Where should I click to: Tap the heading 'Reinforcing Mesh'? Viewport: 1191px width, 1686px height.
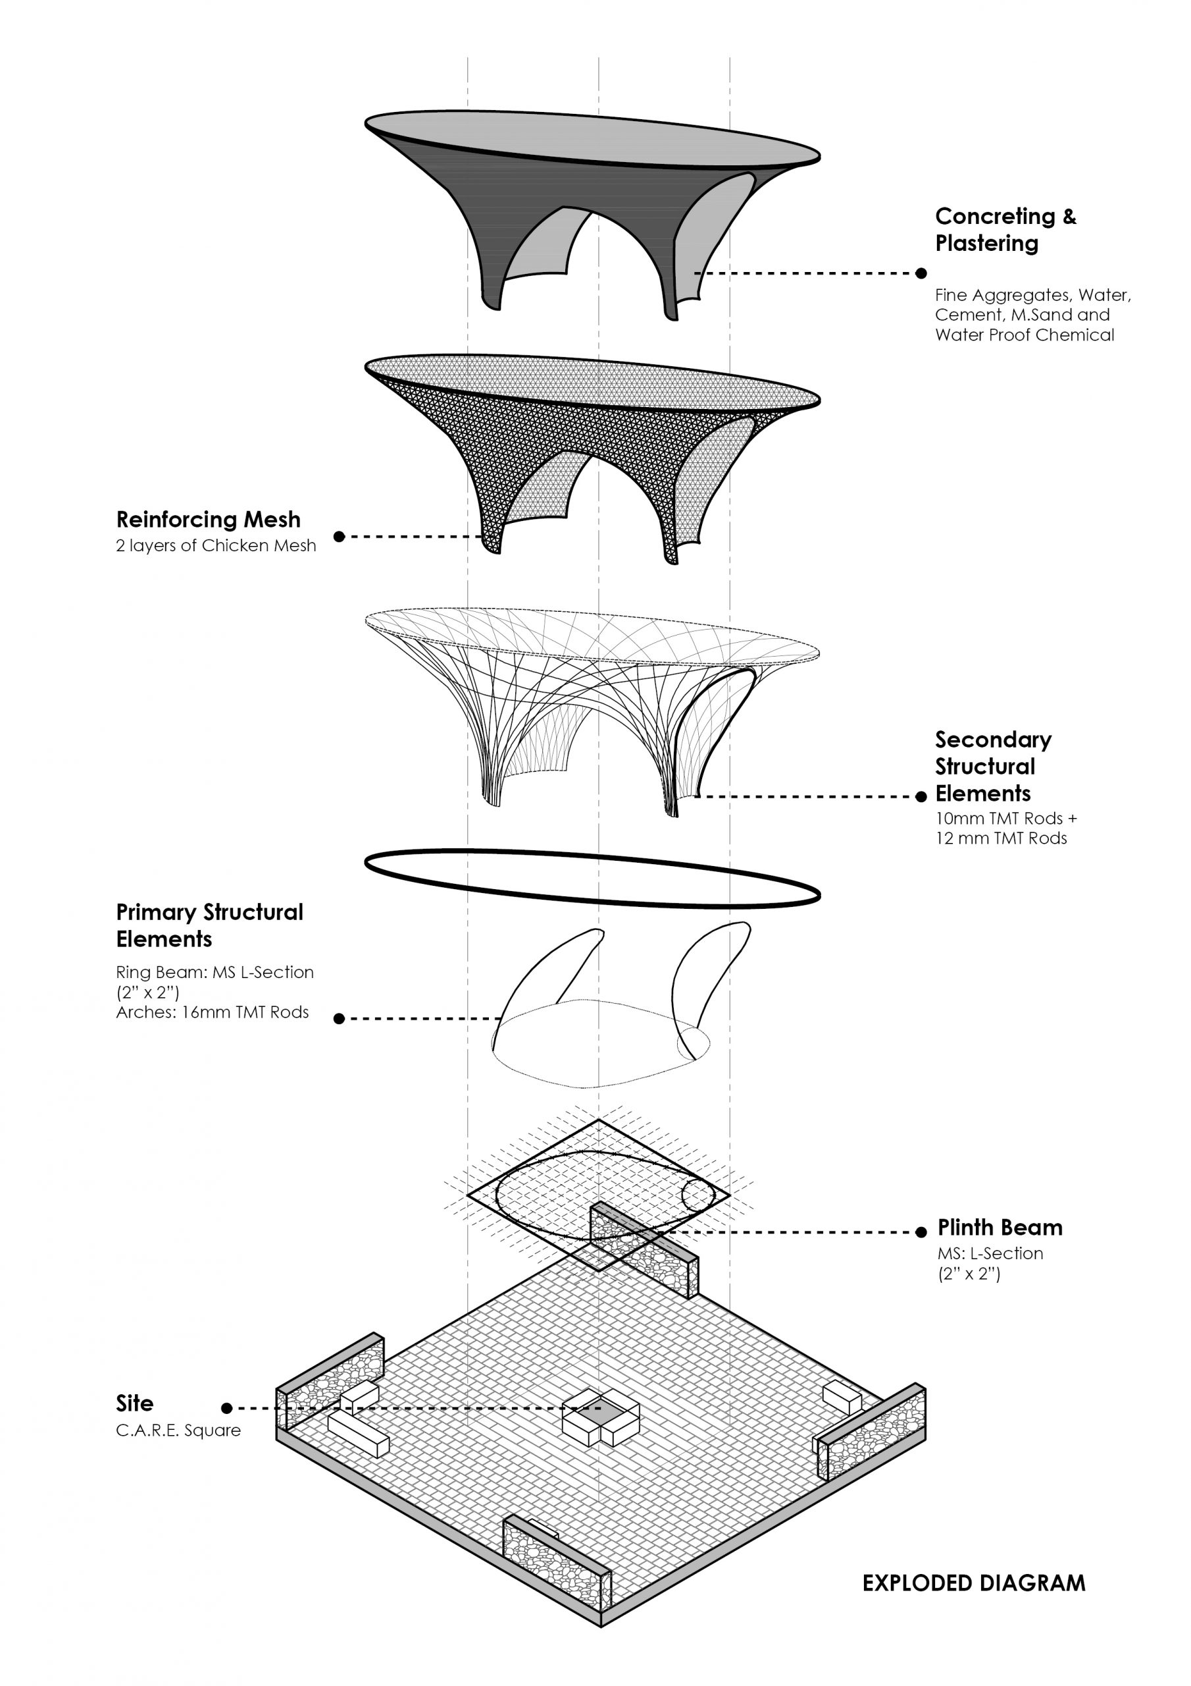[x=209, y=519]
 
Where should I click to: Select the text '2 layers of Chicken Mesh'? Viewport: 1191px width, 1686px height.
[x=216, y=545]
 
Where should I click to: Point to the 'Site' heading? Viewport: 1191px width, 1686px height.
[x=135, y=1403]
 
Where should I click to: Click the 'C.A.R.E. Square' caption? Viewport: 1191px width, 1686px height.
[x=178, y=1430]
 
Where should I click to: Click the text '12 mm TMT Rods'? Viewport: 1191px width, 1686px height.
[x=1001, y=838]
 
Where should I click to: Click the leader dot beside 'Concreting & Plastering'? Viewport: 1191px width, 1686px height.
[x=921, y=273]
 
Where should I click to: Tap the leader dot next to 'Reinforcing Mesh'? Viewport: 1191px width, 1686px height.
[x=339, y=536]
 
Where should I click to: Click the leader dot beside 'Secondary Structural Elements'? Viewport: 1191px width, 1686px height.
[x=922, y=797]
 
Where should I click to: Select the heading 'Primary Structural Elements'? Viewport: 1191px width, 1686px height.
[x=209, y=925]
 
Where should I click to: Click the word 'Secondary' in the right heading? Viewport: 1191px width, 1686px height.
[x=993, y=740]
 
